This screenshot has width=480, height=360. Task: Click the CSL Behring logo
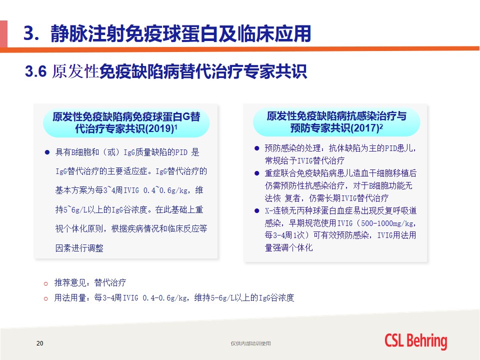coord(415,341)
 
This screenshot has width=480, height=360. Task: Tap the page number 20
coord(40,343)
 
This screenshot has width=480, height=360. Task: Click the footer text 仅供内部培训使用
coord(250,343)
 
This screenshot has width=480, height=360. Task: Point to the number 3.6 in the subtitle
coord(35,71)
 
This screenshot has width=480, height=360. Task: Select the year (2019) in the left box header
coord(159,128)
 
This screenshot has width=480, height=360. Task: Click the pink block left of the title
coord(3,33)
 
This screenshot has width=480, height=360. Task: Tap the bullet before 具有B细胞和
coord(47,152)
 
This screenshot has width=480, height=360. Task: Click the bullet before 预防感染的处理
coord(257,148)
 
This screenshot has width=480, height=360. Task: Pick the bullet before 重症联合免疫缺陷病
coord(257,173)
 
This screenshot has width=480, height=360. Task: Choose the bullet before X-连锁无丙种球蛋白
coord(257,210)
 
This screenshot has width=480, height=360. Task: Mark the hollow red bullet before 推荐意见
coord(46,283)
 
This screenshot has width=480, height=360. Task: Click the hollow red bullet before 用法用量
coord(46,298)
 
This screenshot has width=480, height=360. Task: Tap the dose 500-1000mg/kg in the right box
coord(387,223)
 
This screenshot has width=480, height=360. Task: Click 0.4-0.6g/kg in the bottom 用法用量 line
coord(164,297)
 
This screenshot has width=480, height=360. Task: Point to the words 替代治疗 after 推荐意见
coord(110,282)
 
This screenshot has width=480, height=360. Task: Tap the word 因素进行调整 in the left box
coord(79,247)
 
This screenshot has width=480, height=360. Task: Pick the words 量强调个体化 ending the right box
coord(288,247)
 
